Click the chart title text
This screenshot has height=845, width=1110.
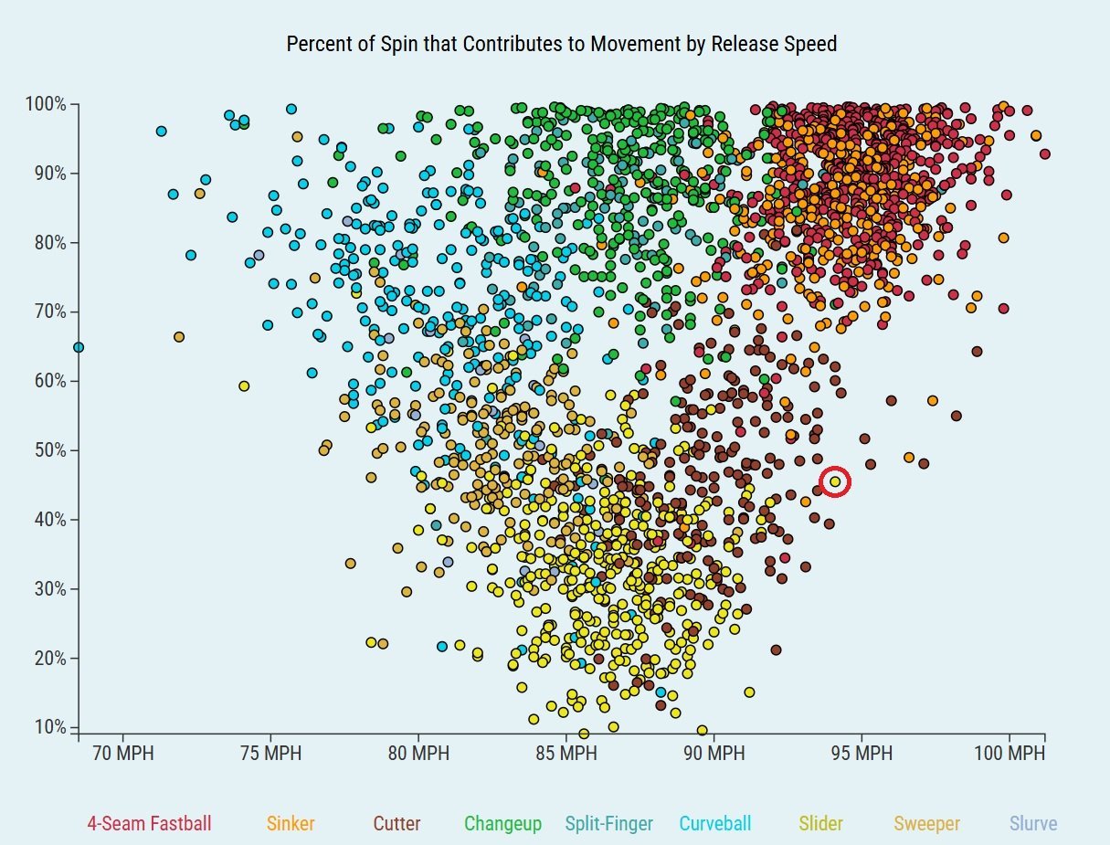pyautogui.click(x=561, y=44)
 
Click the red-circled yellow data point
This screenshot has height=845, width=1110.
pyautogui.click(x=835, y=481)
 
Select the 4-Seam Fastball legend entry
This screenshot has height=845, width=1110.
pyautogui.click(x=149, y=824)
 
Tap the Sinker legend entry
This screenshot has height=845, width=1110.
pyautogui.click(x=291, y=824)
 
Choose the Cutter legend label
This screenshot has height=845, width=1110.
pyautogui.click(x=396, y=824)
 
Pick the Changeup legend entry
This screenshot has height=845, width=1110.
pyautogui.click(x=502, y=824)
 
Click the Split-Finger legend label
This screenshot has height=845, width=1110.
pyautogui.click(x=609, y=824)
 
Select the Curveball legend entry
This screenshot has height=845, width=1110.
pyautogui.click(x=715, y=824)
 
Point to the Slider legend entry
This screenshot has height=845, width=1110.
pyautogui.click(x=821, y=824)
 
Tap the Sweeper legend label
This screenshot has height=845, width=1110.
pyautogui.click(x=926, y=824)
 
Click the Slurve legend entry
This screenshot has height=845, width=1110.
pyautogui.click(x=1033, y=824)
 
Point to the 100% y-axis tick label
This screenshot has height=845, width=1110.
pyautogui.click(x=46, y=104)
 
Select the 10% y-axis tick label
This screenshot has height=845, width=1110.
pyautogui.click(x=49, y=728)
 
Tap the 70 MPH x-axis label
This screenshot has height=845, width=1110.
pyautogui.click(x=123, y=755)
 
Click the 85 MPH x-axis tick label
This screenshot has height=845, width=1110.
pyautogui.click(x=566, y=755)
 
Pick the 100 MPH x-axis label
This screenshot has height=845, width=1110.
pyautogui.click(x=1008, y=755)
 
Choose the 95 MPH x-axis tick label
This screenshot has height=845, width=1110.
pyautogui.click(x=862, y=755)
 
